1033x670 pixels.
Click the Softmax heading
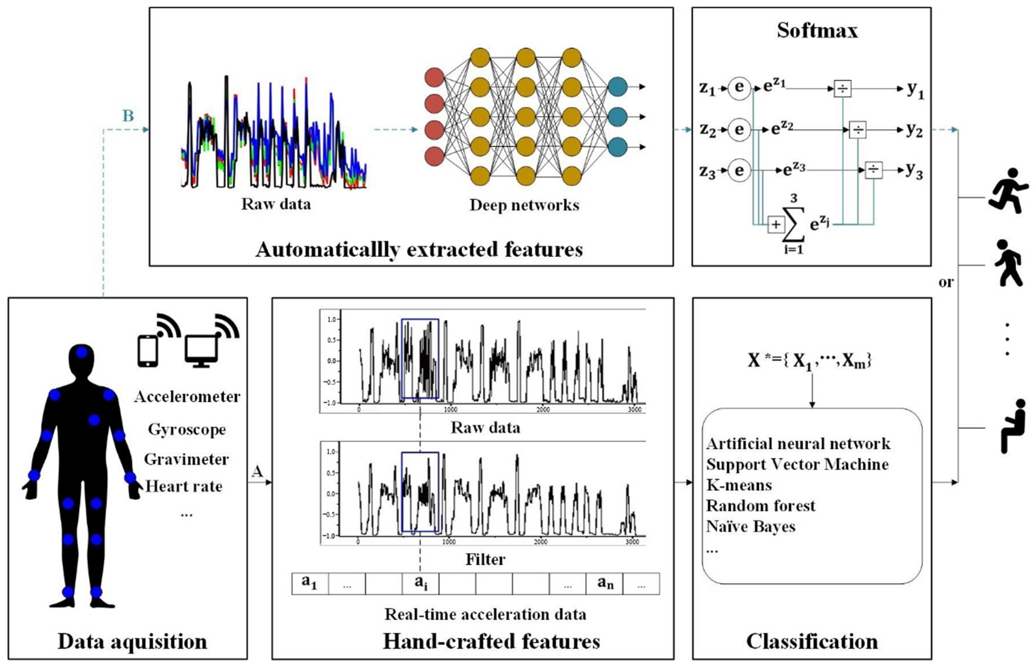817,30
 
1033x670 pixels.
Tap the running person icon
1008,191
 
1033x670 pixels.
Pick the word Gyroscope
187,429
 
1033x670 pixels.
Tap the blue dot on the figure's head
82,352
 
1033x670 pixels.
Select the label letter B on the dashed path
128,116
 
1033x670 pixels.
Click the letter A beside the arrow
257,472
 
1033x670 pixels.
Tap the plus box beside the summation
776,225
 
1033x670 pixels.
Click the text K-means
739,485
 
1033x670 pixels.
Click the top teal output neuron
617,87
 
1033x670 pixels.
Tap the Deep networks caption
524,205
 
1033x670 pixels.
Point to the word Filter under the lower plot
485,559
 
